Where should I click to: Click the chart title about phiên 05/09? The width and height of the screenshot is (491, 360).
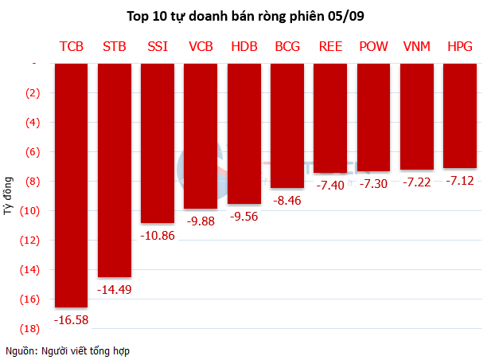247,16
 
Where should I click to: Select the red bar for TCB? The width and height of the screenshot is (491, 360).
71,183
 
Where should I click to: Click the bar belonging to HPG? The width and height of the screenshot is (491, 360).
460,115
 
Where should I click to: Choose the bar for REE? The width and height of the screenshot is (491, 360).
330,117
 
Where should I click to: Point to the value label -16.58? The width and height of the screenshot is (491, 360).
70,319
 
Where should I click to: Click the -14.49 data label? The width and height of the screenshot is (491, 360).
114,289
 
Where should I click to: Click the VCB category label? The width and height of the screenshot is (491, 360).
201,47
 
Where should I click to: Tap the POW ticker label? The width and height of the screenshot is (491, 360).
373,47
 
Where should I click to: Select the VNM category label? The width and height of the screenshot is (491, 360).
417,47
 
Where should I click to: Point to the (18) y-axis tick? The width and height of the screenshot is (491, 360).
33,328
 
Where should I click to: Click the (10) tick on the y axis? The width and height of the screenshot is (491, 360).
33,210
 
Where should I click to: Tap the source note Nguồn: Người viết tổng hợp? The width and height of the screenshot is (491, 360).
68,350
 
